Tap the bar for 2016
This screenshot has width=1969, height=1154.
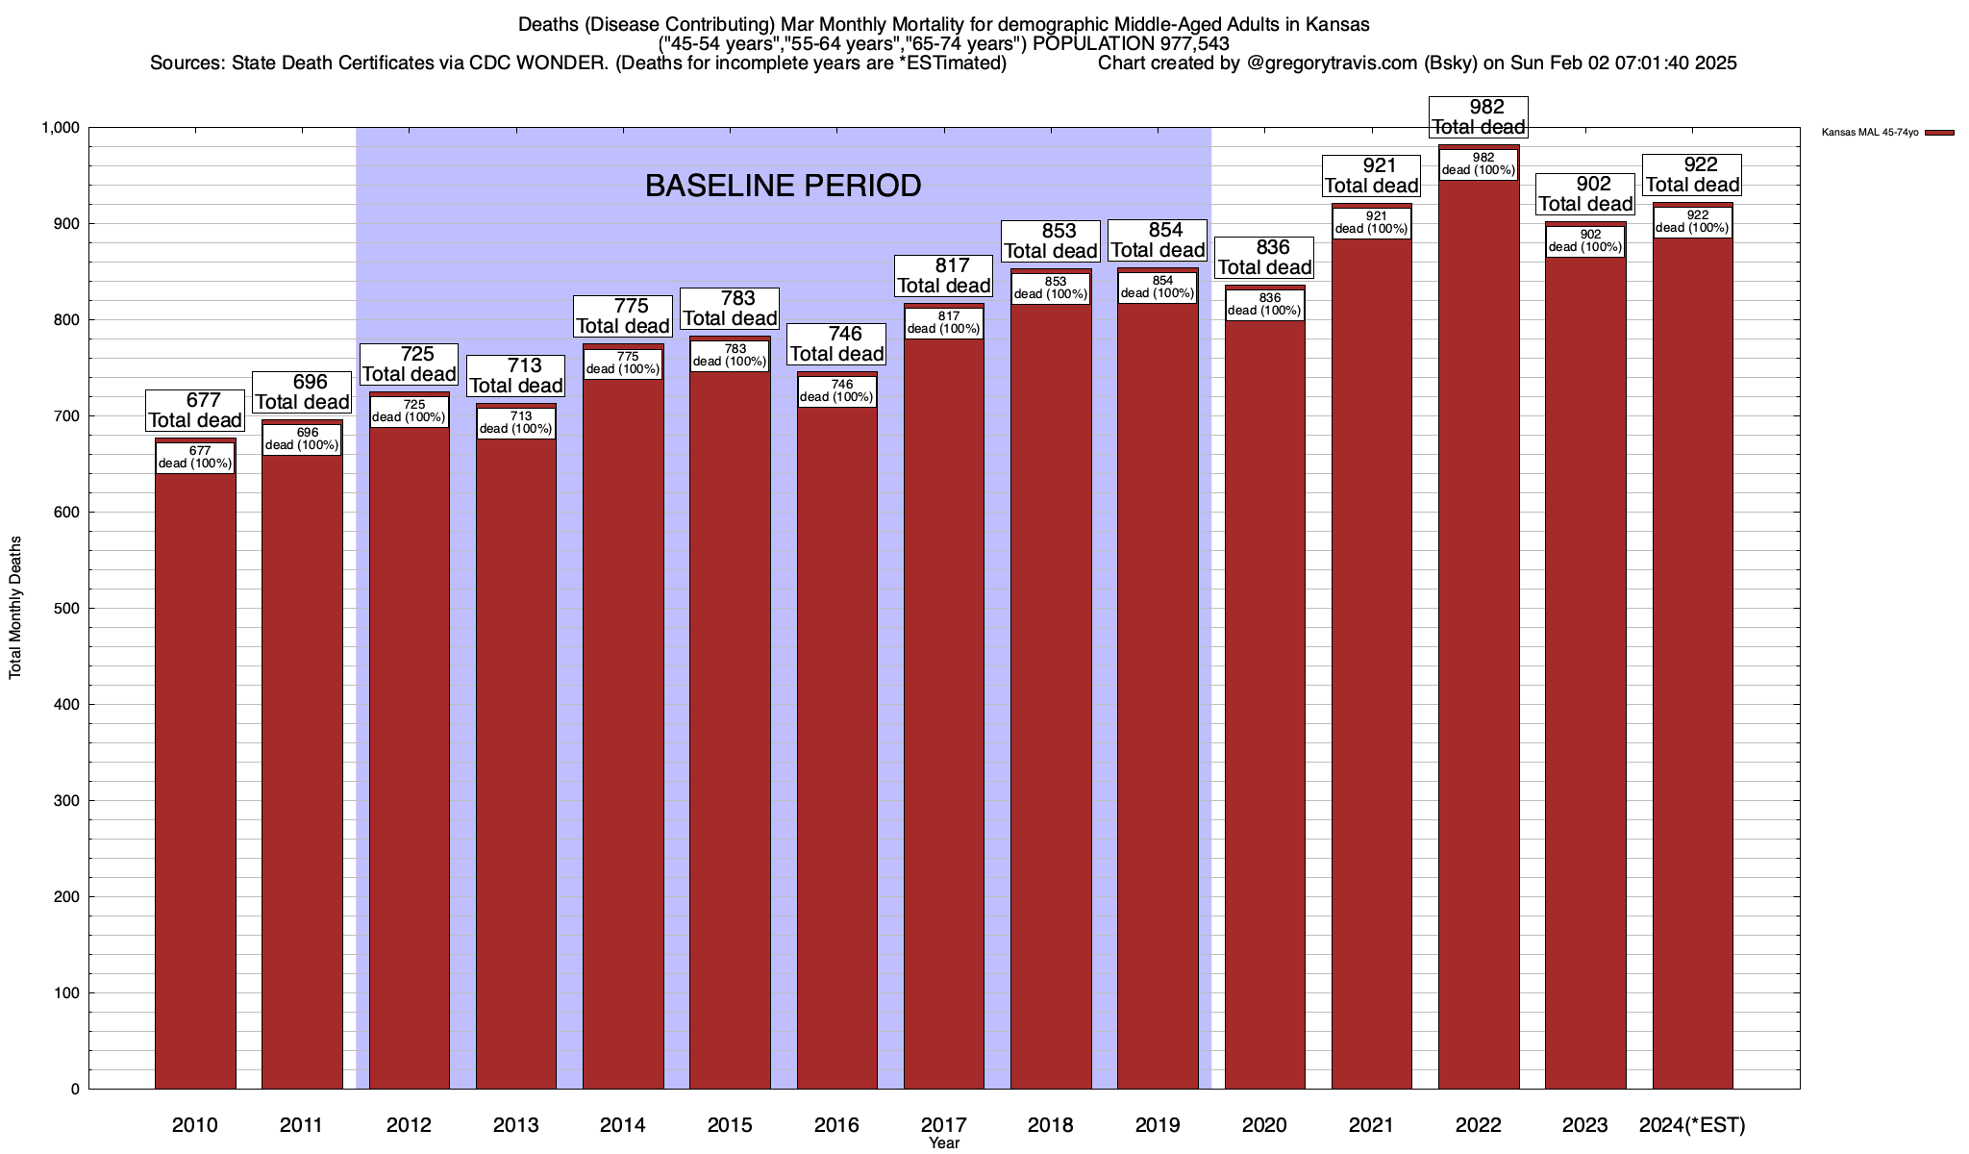tap(836, 750)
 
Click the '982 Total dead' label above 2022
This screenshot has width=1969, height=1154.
tap(1479, 117)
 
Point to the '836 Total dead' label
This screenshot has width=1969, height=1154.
tap(1264, 258)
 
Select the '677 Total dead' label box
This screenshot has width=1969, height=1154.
tap(195, 411)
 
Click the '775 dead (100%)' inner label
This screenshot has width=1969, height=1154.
tap(623, 364)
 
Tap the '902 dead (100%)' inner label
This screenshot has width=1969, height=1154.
tap(1585, 241)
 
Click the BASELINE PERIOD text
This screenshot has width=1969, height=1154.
tap(783, 186)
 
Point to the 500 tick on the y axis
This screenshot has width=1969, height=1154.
tap(66, 609)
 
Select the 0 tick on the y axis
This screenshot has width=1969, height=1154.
tap(74, 1090)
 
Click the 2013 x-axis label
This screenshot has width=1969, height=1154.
tap(516, 1125)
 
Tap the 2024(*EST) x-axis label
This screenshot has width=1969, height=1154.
tap(1692, 1125)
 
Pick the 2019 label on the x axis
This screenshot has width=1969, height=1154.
tap(1158, 1125)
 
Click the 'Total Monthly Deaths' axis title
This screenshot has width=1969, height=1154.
tap(15, 608)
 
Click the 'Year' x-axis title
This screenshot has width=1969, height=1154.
tap(944, 1143)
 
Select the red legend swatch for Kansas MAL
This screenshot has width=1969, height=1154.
tap(1939, 133)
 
